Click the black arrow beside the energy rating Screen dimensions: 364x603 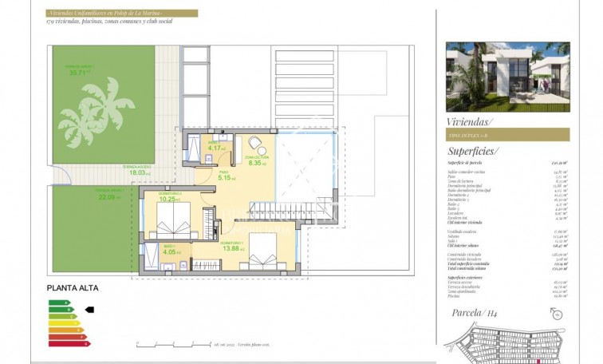pos(89,309)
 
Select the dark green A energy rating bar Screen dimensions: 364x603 pos(57,303)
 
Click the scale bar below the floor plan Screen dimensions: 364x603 pos(171,346)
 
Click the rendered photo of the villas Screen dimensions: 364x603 pos(507,77)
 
